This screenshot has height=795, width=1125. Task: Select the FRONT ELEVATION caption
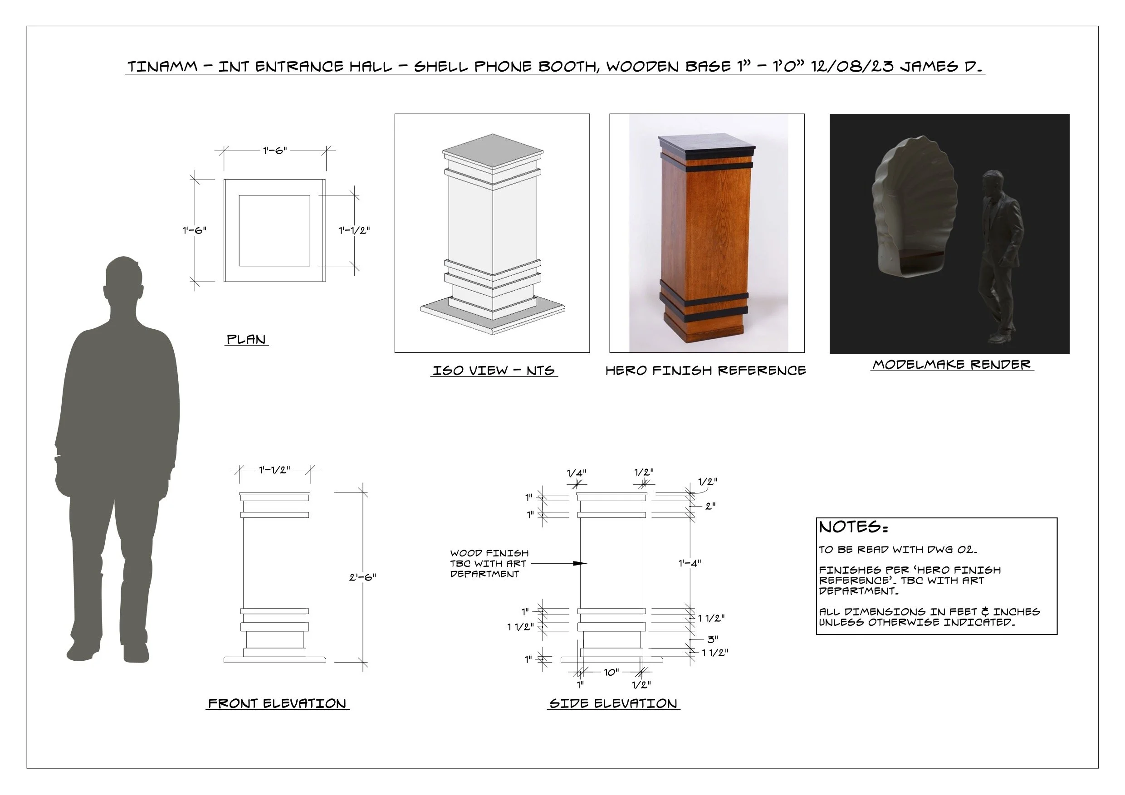(x=277, y=703)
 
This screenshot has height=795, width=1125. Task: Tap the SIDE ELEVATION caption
(x=613, y=703)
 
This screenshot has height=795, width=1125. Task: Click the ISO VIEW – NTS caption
(x=494, y=371)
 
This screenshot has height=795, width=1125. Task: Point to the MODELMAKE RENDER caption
(x=952, y=365)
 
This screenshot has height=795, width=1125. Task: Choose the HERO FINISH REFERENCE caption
(x=705, y=371)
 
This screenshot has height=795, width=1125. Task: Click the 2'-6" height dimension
(x=362, y=577)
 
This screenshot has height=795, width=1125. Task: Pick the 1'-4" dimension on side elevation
(x=690, y=563)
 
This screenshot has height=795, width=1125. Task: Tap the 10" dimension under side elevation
(x=611, y=672)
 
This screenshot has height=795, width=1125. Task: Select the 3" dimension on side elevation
(x=713, y=639)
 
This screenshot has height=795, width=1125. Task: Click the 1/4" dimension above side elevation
(x=576, y=473)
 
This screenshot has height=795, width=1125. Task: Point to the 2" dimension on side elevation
(x=710, y=506)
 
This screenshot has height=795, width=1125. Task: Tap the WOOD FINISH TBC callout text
(x=489, y=563)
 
